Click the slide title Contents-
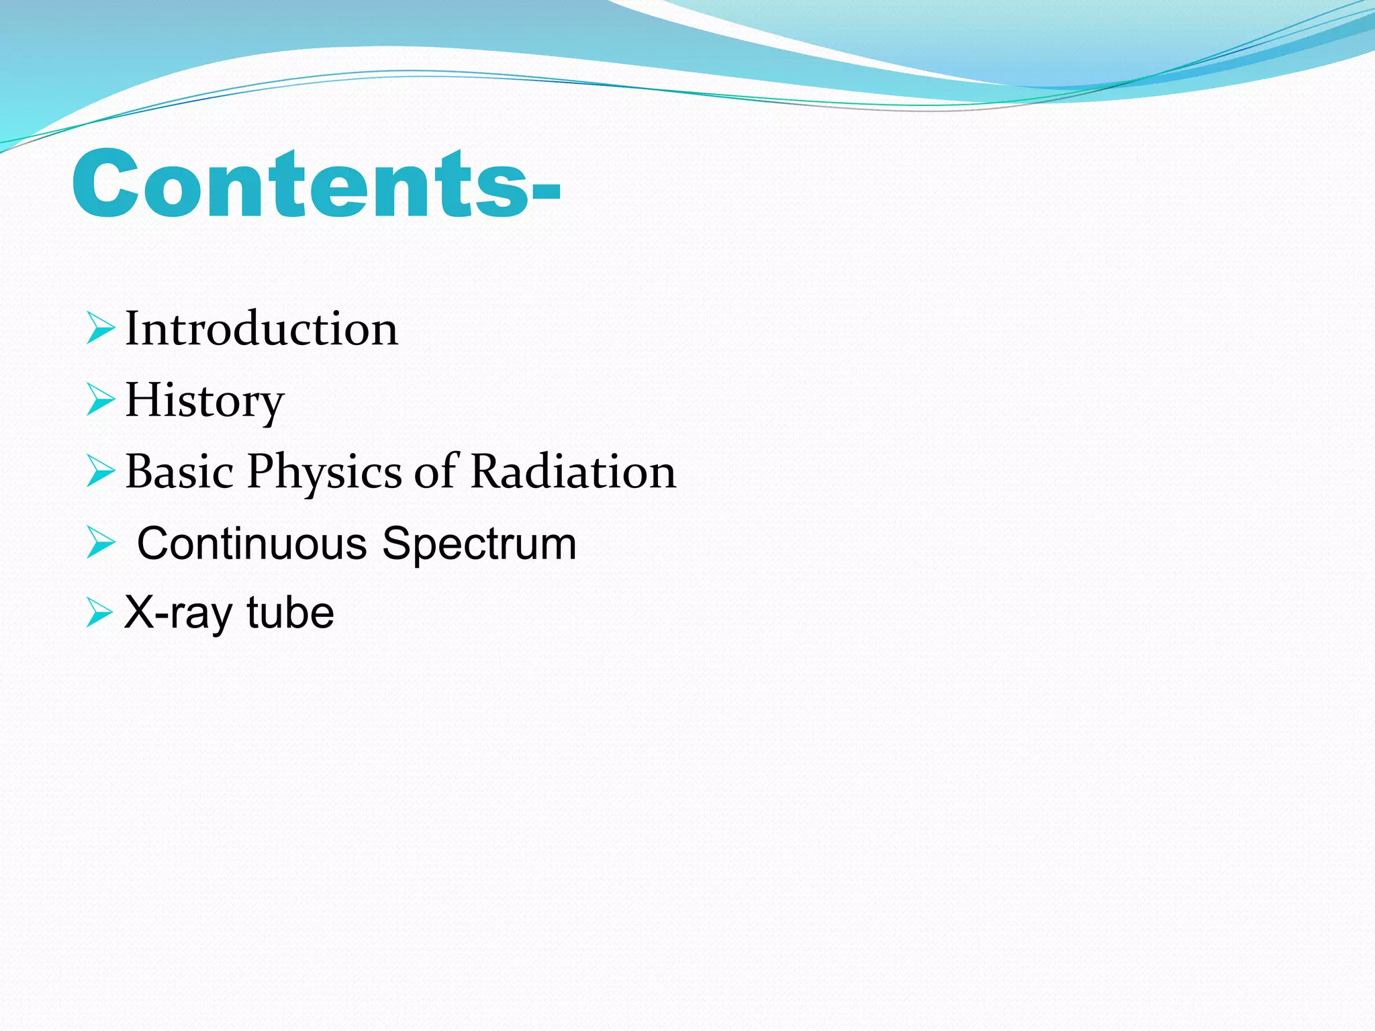[316, 184]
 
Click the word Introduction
[262, 329]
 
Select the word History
[205, 400]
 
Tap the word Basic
[179, 471]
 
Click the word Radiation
[573, 471]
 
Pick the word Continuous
[252, 543]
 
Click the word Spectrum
[479, 544]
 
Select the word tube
[290, 612]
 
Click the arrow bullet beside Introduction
[101, 329]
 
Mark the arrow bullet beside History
[101, 400]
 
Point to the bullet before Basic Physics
[101, 471]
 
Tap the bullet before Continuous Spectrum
[101, 543]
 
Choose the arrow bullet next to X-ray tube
[101, 613]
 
